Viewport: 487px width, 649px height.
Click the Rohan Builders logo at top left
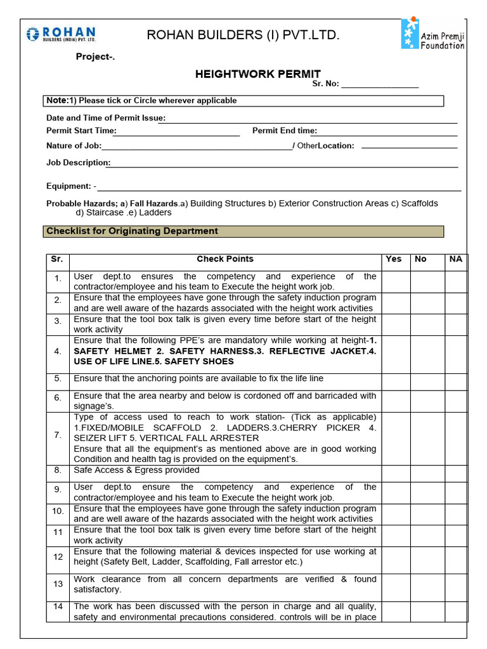(x=61, y=35)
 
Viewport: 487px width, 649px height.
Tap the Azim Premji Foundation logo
(x=433, y=34)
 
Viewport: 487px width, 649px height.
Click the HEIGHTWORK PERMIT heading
(x=257, y=74)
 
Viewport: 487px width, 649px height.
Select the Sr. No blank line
(x=380, y=84)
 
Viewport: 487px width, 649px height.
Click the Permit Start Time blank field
(x=178, y=131)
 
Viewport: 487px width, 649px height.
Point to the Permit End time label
(x=284, y=131)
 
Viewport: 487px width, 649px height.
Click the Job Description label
(x=78, y=163)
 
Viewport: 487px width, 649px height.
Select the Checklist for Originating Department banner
(x=244, y=231)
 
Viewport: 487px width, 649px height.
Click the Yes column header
(x=394, y=259)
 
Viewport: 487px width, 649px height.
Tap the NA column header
(x=455, y=259)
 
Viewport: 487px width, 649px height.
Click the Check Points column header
(x=224, y=259)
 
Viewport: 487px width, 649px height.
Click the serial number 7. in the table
(x=58, y=435)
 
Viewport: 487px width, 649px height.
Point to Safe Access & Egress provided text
(x=136, y=470)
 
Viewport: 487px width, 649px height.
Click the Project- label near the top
(x=96, y=57)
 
